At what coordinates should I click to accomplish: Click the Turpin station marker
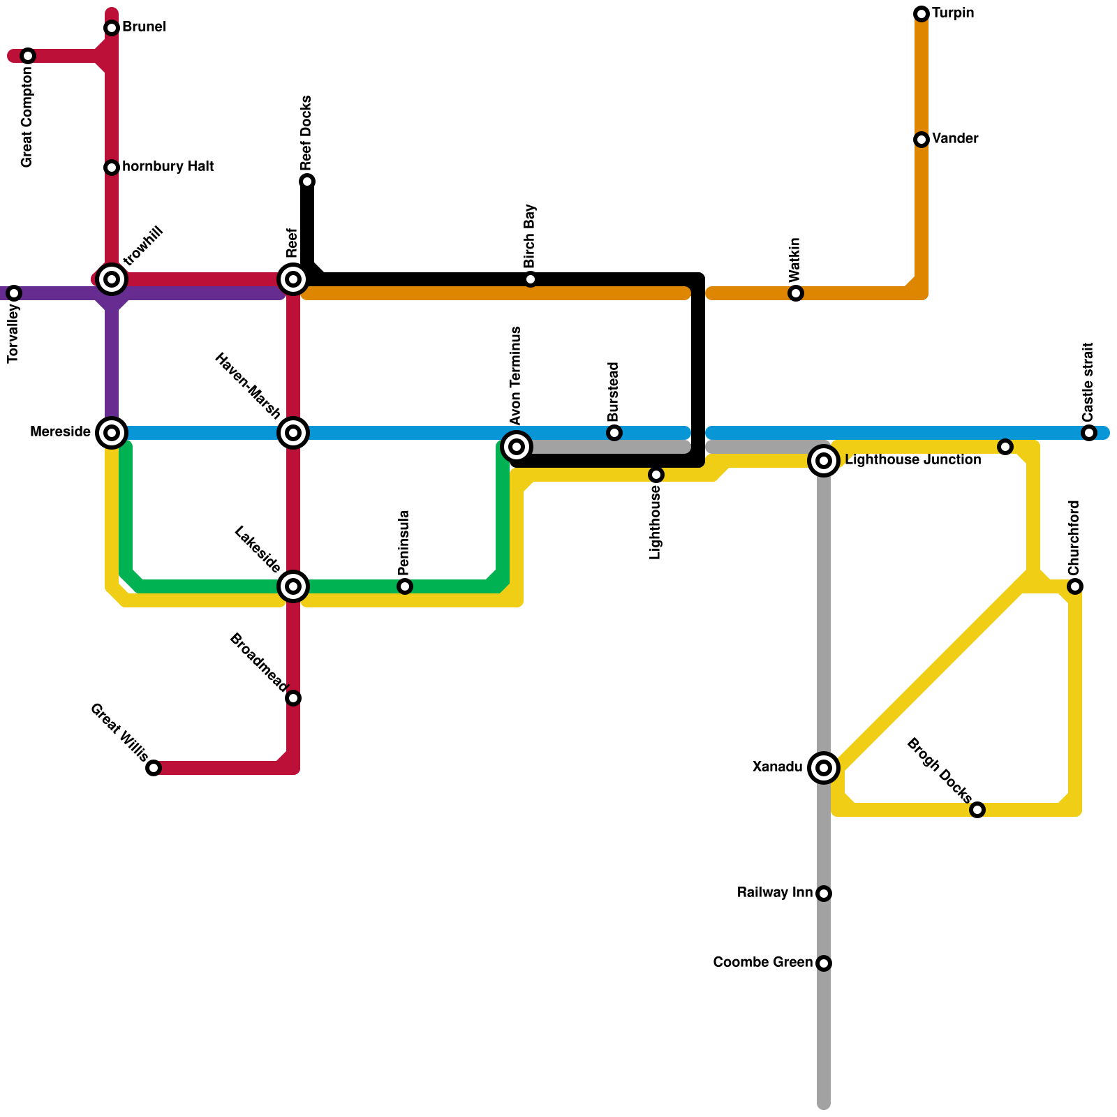[922, 14]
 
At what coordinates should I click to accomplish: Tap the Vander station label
[954, 139]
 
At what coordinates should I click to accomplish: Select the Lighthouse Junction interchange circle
[824, 461]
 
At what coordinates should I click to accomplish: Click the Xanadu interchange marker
[824, 768]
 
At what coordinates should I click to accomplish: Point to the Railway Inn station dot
[824, 894]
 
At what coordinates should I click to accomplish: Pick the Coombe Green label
[762, 963]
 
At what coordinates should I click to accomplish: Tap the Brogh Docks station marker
[977, 810]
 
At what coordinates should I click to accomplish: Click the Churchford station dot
[1075, 586]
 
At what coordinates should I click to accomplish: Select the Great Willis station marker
[154, 768]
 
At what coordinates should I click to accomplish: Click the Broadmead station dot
[293, 698]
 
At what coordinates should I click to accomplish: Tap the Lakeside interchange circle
[293, 586]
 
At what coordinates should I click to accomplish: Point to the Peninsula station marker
[405, 586]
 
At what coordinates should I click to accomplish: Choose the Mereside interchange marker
[112, 433]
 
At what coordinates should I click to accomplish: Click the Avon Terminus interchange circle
[517, 447]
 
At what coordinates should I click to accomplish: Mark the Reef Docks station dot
[307, 182]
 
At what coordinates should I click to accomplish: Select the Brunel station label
[144, 27]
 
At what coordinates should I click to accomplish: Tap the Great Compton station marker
[28, 56]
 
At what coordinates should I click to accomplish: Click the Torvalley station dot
[14, 293]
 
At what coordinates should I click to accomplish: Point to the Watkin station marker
[796, 293]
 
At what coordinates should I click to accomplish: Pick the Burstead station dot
[614, 433]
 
